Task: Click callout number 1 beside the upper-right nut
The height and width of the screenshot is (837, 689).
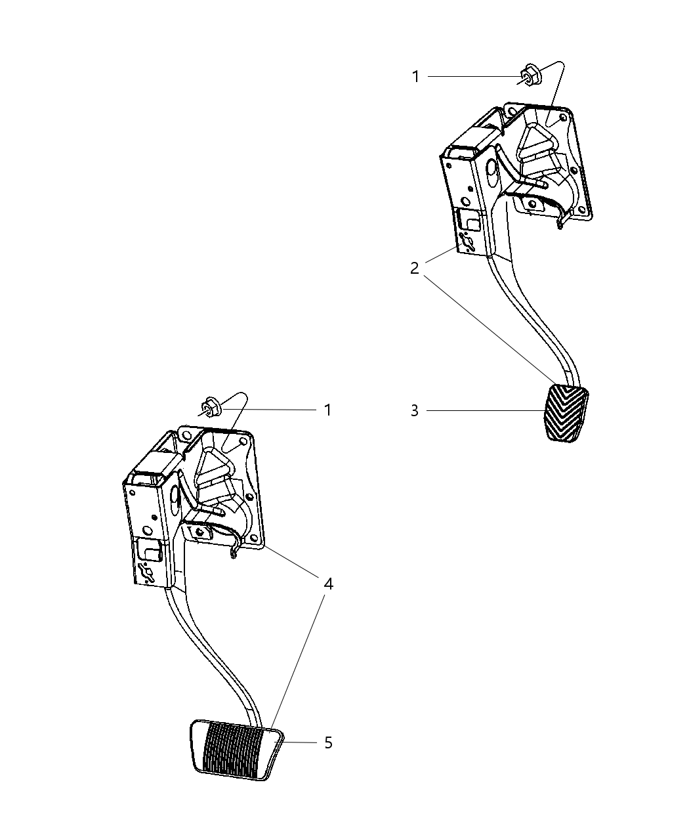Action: (415, 77)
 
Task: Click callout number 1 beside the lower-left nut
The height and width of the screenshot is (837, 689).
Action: (327, 410)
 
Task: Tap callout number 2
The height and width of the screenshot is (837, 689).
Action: (415, 268)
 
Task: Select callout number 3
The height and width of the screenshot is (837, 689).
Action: (415, 411)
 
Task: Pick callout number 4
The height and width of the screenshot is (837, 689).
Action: (327, 583)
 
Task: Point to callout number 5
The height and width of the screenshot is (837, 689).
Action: (328, 742)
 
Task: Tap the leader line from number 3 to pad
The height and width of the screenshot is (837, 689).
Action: (486, 411)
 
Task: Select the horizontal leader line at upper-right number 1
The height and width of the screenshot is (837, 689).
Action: (472, 77)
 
